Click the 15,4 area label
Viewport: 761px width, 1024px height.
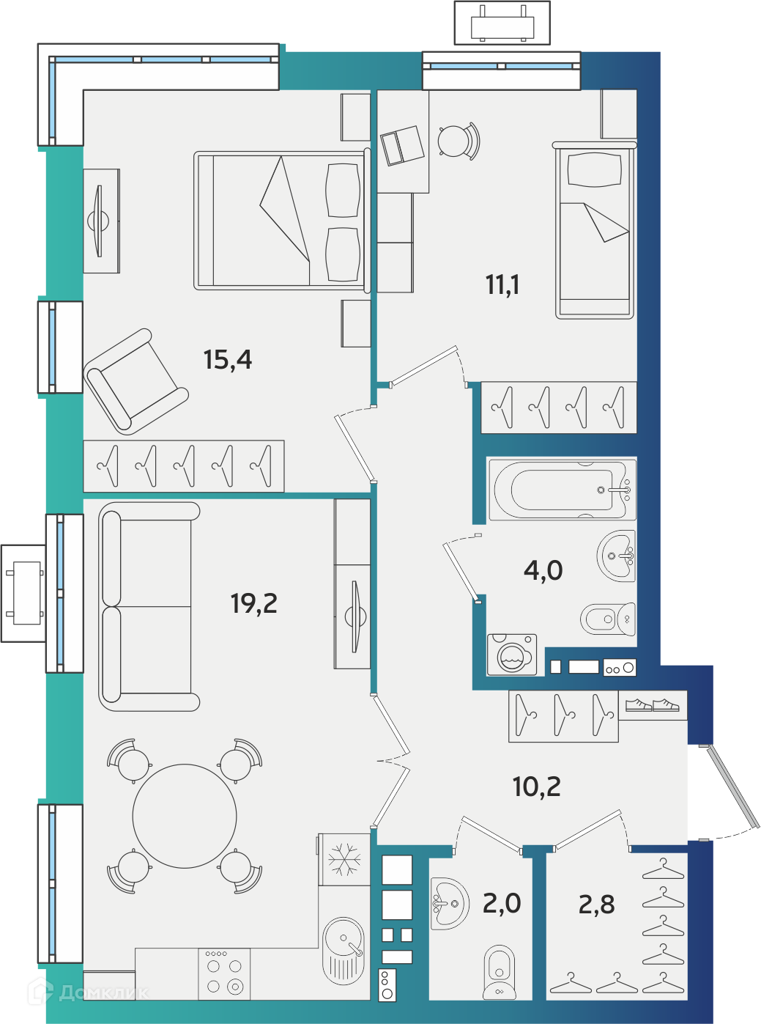(x=228, y=360)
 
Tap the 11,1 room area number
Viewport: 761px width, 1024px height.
(x=502, y=285)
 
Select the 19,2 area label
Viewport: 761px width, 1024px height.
(x=254, y=603)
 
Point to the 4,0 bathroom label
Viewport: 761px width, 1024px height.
(x=543, y=570)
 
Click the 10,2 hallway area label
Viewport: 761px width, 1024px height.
(x=537, y=787)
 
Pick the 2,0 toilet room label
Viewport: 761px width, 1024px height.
(x=502, y=903)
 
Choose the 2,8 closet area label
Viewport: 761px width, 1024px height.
(x=597, y=904)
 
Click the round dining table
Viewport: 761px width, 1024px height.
(x=185, y=817)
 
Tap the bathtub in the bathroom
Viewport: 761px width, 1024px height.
(x=563, y=490)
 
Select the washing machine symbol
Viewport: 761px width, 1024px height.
(x=512, y=655)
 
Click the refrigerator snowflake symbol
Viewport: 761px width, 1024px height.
(x=344, y=860)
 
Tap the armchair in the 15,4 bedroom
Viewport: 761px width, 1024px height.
(x=136, y=381)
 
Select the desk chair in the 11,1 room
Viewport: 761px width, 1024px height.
(x=459, y=141)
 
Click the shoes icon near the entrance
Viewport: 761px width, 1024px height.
(x=653, y=704)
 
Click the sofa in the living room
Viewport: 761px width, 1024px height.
(x=149, y=607)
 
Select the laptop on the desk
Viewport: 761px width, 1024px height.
(x=402, y=146)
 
